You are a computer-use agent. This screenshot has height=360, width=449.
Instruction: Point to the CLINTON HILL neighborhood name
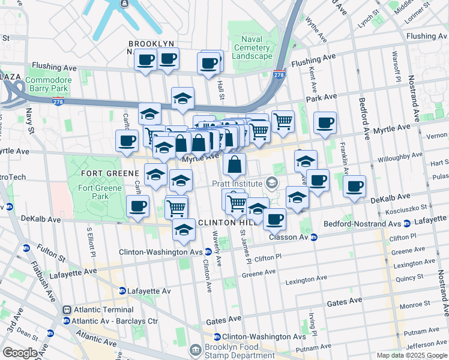(x=223, y=223)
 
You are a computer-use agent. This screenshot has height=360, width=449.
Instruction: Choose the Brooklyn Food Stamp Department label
(x=233, y=351)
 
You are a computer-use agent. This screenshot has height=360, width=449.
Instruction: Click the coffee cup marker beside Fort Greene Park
(x=138, y=207)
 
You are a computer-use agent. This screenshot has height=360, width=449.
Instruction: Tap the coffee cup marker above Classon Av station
(x=275, y=219)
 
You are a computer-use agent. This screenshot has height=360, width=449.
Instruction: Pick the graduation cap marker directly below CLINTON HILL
(x=184, y=230)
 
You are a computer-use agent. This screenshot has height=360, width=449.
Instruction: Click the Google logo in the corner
(x=20, y=353)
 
